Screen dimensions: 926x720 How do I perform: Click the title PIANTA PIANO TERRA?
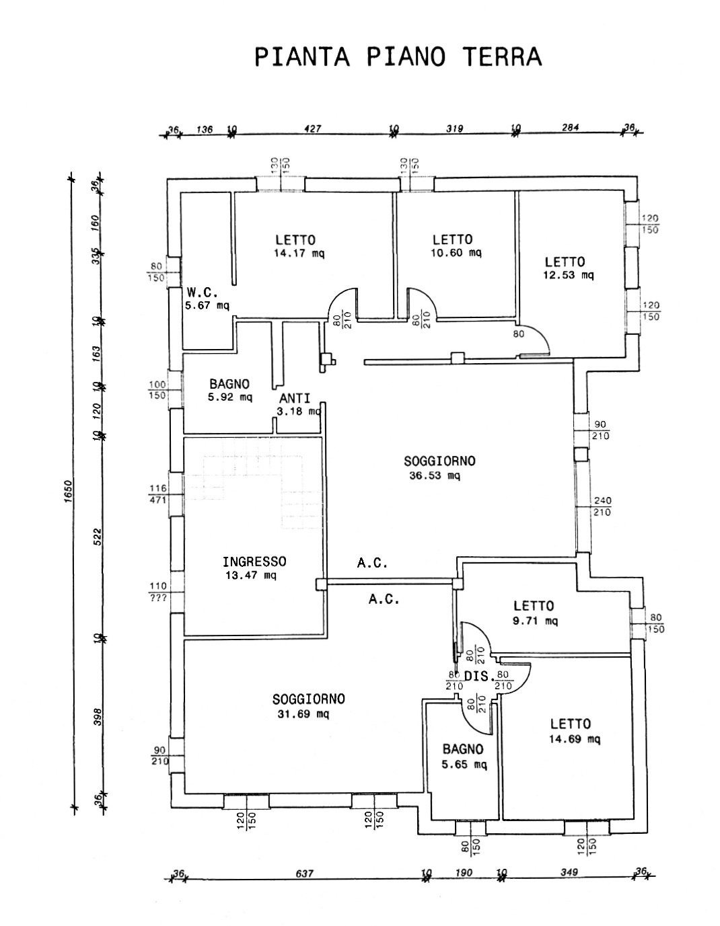click(x=398, y=57)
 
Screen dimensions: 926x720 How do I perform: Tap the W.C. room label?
click(x=201, y=293)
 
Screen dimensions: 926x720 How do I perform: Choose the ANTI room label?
click(x=295, y=398)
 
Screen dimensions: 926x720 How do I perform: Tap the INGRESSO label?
click(x=254, y=562)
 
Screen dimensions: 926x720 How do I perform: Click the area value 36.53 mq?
click(x=435, y=475)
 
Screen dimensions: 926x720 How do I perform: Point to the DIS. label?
click(x=480, y=678)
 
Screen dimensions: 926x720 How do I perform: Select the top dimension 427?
click(x=313, y=128)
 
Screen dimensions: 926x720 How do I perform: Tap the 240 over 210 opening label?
click(x=602, y=506)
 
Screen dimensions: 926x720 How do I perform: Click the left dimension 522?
click(x=97, y=536)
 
